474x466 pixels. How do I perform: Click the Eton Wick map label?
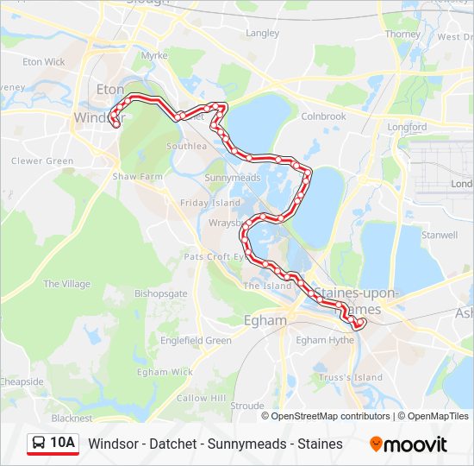click(44, 62)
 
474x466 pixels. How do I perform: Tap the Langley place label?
click(263, 34)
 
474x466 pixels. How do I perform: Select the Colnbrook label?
click(323, 116)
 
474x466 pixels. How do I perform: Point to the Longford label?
click(407, 127)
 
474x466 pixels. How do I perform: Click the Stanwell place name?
click(440, 235)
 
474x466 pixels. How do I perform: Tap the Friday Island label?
click(210, 203)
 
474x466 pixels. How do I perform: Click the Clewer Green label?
click(42, 161)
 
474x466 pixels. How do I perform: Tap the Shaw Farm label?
click(138, 177)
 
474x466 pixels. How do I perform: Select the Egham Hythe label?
click(325, 340)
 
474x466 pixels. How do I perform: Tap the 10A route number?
click(63, 444)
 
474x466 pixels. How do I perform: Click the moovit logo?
click(409, 444)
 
